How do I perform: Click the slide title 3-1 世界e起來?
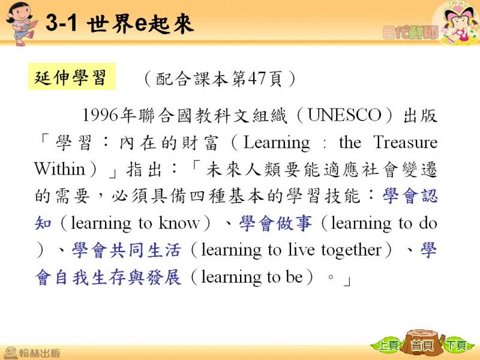click(119, 23)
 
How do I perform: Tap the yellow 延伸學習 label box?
click(72, 77)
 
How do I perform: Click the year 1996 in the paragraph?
click(100, 115)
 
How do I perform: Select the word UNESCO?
click(344, 115)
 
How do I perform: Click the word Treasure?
click(406, 142)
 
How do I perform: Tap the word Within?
click(59, 169)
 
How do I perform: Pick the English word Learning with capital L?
click(277, 143)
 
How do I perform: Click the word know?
click(179, 223)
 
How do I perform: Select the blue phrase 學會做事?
click(275, 223)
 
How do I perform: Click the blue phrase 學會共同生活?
click(127, 250)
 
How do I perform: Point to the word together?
click(352, 250)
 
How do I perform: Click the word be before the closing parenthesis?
click(294, 277)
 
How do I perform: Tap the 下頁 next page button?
click(456, 346)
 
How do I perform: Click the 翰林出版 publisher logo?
click(32, 352)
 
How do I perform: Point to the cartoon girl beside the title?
click(22, 24)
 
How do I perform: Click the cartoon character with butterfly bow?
click(457, 23)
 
